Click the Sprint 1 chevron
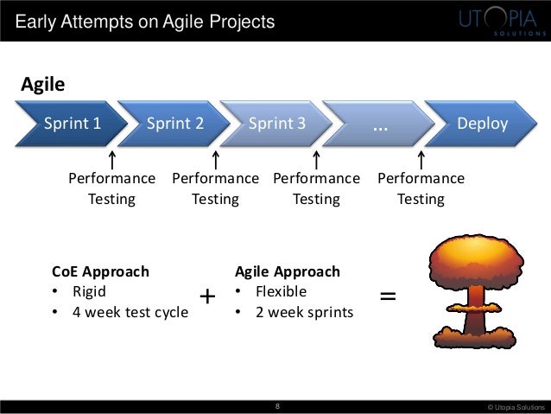click(73, 123)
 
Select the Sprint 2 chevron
click(175, 123)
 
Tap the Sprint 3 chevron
click(277, 123)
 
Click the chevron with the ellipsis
click(380, 123)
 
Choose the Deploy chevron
click(480, 123)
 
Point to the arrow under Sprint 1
click(112, 160)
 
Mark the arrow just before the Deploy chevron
click(421, 160)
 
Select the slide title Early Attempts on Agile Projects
click(144, 21)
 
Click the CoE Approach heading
click(100, 271)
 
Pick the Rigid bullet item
click(88, 291)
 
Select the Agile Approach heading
click(287, 271)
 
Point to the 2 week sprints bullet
click(301, 311)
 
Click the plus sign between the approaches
click(207, 297)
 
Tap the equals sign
click(389, 296)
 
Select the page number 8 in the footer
click(275, 404)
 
